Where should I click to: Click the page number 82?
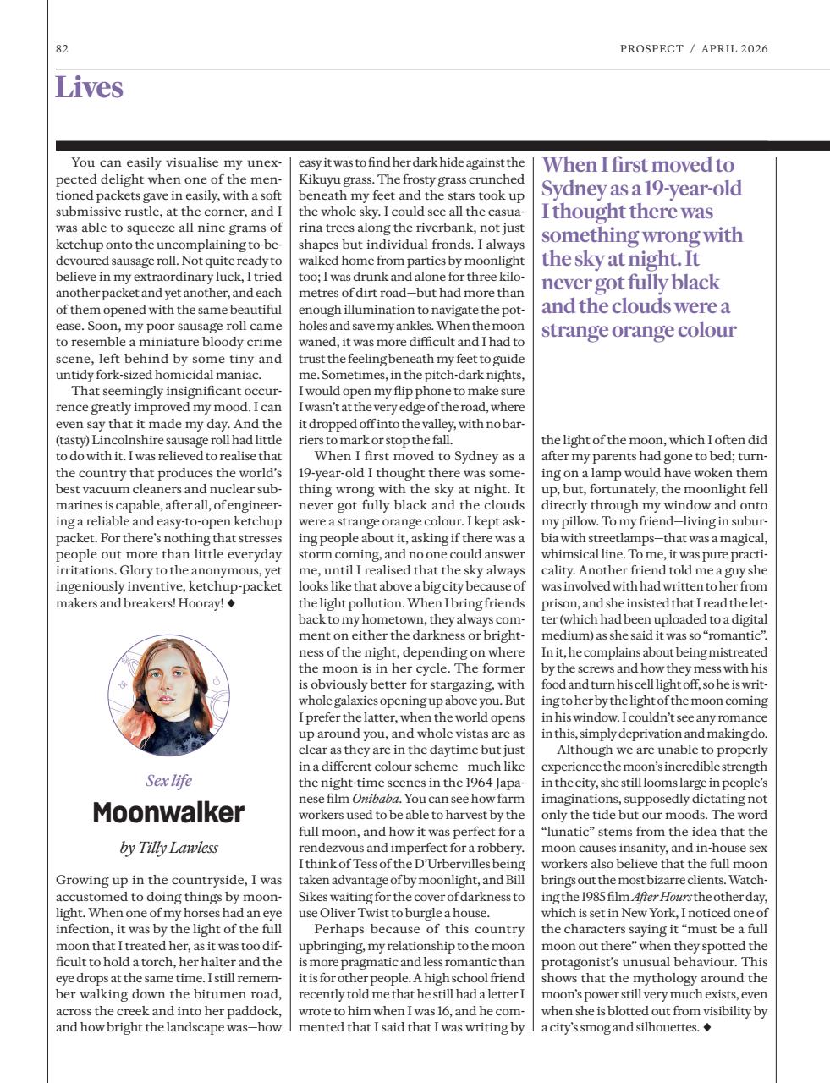point(62,49)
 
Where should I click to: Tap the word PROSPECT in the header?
point(651,49)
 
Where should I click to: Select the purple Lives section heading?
point(89,88)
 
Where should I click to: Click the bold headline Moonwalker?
point(168,813)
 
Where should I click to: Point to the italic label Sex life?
point(168,780)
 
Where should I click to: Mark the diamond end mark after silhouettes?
point(707,1027)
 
